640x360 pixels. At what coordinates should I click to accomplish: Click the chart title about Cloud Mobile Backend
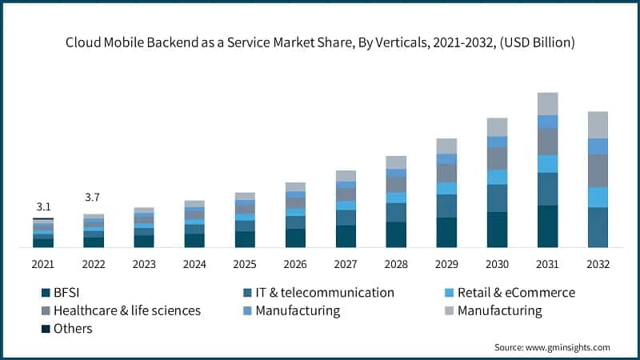320,42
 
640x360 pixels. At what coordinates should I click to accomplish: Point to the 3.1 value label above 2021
43,206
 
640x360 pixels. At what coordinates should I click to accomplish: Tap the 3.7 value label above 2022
94,197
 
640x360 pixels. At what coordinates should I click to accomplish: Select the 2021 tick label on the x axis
43,264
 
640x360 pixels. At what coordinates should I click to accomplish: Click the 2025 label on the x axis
245,264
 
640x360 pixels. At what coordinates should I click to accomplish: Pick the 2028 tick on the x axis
396,264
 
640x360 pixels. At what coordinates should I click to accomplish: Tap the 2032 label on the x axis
598,264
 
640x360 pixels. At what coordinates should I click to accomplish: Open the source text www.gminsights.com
552,347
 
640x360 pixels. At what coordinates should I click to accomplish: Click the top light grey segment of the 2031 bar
547,104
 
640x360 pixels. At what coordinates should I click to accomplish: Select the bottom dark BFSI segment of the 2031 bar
547,226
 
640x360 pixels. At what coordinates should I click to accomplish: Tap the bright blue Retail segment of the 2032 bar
598,197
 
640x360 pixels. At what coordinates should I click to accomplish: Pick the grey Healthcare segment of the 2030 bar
497,158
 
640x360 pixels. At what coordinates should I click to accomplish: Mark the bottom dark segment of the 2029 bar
446,232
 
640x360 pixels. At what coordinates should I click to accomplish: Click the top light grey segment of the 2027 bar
346,176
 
